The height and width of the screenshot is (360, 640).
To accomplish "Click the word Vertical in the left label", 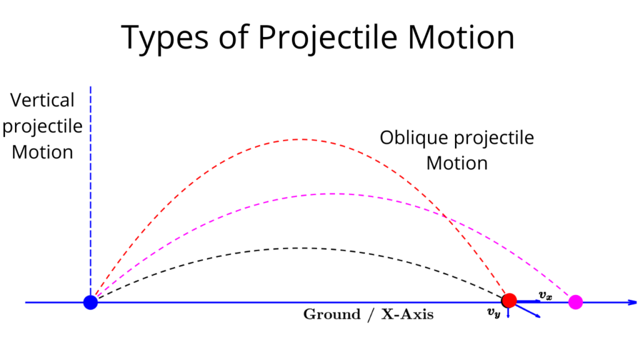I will click(42, 100).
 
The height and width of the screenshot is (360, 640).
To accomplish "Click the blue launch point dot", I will click(91, 302).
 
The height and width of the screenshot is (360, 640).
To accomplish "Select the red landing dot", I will click(509, 301).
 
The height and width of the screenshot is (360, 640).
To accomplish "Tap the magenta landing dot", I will click(576, 302).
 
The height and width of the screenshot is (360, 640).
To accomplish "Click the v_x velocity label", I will click(546, 294).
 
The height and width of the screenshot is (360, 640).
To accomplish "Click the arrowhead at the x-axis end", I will click(632, 302).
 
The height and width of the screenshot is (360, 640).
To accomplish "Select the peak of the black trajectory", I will click(300, 248).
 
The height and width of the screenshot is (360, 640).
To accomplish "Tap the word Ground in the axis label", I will click(331, 314).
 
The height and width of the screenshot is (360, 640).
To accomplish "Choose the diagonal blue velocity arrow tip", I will click(538, 316).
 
